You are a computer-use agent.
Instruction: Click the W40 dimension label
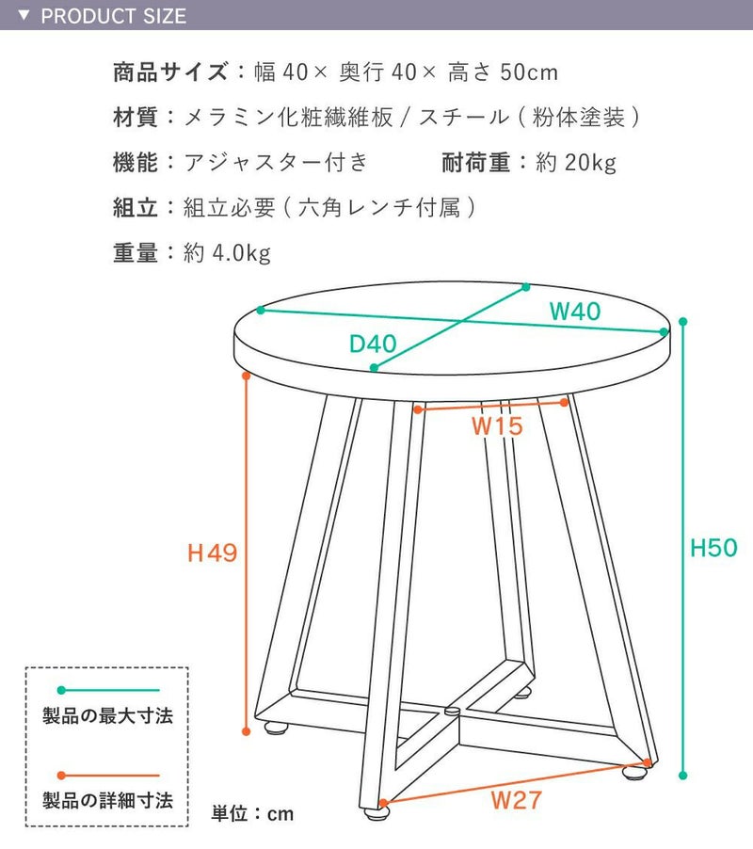coord(575,312)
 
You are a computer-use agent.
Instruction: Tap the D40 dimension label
coord(373,344)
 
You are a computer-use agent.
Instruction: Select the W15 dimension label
coord(498,426)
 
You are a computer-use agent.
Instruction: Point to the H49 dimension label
coord(212,553)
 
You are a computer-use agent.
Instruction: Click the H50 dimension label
coord(713,548)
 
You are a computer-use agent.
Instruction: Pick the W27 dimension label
coord(517,800)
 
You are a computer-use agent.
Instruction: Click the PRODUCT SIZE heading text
coord(114,16)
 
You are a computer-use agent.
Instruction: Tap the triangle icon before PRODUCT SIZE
coord(24,15)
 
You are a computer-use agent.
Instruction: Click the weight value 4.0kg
coord(242,253)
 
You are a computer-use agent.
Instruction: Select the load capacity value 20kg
coord(590,163)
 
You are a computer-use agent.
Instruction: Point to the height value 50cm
coord(529,72)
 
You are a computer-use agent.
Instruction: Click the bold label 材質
coord(136,117)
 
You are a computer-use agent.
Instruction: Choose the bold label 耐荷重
coord(476,163)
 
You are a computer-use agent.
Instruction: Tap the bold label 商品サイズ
coord(170,72)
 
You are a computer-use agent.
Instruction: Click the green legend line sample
coord(108,690)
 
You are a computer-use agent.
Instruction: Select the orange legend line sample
coord(108,776)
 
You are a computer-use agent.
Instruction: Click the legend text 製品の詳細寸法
coord(107,800)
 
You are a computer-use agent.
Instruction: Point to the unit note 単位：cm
coord(252,813)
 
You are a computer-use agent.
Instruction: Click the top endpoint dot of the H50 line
coord(682,322)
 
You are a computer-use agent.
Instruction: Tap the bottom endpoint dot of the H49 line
coord(247,731)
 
